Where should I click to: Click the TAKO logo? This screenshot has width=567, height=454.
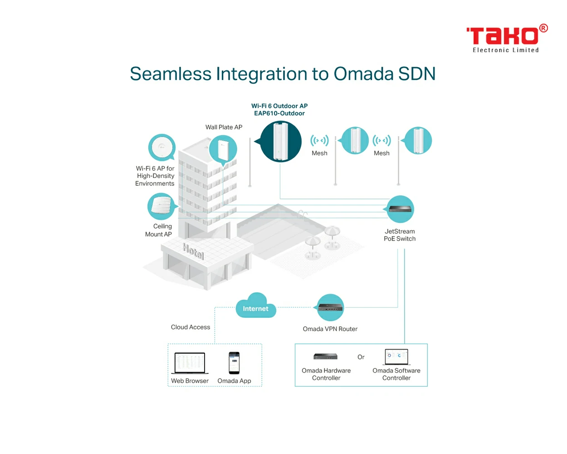(x=507, y=39)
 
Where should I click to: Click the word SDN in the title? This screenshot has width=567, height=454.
(x=417, y=74)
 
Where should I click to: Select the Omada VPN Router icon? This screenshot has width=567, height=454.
(x=330, y=307)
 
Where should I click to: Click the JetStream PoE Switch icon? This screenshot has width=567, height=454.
(x=400, y=209)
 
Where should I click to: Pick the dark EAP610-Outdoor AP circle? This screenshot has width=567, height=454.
(x=280, y=141)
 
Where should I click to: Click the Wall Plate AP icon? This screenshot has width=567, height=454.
(x=223, y=149)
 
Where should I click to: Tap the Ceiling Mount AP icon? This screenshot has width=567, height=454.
(x=161, y=206)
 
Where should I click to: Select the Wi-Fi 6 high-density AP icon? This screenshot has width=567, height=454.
(x=162, y=148)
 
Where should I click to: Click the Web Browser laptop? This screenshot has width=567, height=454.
(x=190, y=363)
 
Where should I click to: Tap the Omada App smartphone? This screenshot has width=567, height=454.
(x=234, y=363)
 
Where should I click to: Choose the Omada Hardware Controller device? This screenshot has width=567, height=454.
(x=325, y=356)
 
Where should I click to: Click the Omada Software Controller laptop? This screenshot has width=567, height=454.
(x=396, y=357)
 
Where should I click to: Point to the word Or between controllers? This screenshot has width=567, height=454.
(x=361, y=357)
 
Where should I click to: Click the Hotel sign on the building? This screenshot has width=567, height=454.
(x=193, y=251)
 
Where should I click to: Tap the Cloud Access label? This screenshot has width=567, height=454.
(x=191, y=327)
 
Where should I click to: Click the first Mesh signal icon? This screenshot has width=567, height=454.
(x=320, y=140)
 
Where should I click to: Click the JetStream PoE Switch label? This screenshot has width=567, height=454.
(x=400, y=235)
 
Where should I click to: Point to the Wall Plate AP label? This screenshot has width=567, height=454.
(x=224, y=127)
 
